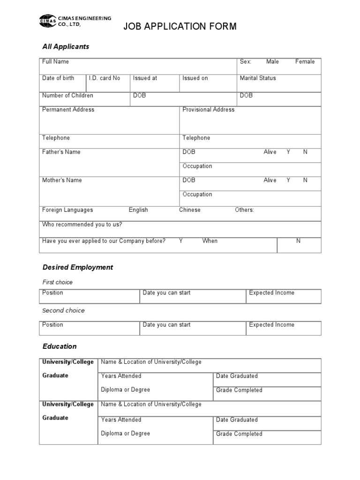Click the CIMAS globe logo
(47, 22)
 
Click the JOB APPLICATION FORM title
(180, 26)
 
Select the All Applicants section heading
(66, 47)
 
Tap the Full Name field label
(55, 62)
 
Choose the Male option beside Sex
(272, 62)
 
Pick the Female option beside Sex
(305, 62)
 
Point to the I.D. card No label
(105, 78)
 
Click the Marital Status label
(258, 78)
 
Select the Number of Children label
(67, 96)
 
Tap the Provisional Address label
(209, 110)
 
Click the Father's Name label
(61, 152)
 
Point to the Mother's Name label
(62, 180)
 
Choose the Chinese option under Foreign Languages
(189, 210)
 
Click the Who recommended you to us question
(82, 225)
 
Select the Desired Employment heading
(78, 267)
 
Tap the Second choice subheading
(63, 311)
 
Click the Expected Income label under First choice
(272, 293)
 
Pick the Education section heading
(60, 346)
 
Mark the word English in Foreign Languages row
(138, 210)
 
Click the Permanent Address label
(68, 110)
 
